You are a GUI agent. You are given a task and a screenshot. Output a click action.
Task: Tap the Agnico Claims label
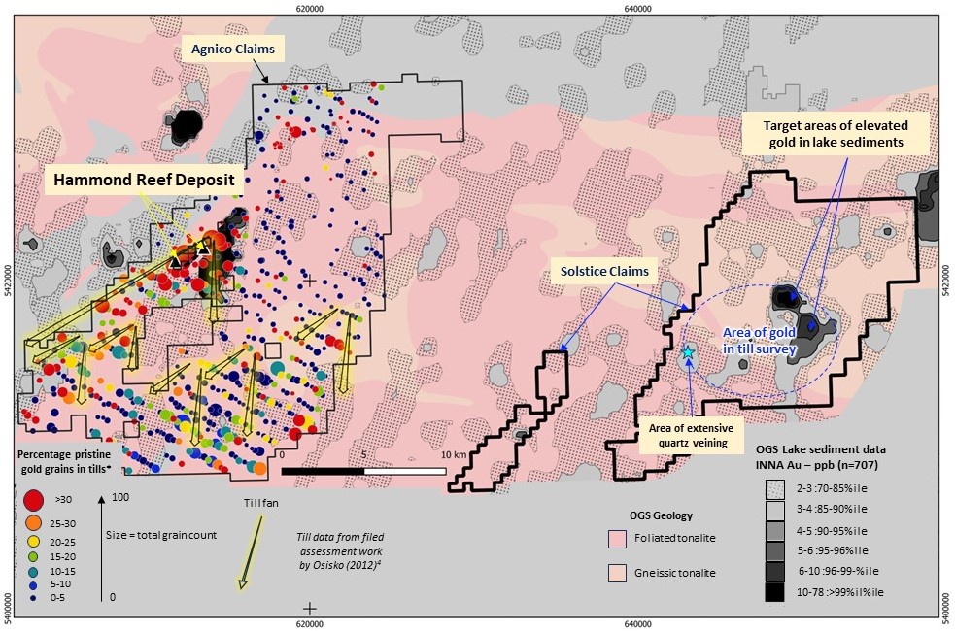coord(230,48)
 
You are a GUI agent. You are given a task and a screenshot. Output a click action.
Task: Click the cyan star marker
coord(688,352)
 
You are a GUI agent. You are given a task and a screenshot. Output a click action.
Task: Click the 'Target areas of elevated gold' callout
coord(834,133)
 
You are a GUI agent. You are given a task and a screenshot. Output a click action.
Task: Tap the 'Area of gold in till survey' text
coord(760,340)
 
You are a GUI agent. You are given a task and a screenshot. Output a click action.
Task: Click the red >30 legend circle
coord(33,500)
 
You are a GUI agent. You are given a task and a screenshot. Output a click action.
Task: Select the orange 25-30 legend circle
coord(33,522)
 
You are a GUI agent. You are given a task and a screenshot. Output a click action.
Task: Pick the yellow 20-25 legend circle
coord(33,541)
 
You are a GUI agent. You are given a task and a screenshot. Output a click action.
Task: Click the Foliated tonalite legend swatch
coord(616,538)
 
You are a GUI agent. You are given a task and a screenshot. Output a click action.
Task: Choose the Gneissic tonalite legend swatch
coord(616,572)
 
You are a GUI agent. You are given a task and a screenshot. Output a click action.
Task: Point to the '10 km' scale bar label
coord(453,454)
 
